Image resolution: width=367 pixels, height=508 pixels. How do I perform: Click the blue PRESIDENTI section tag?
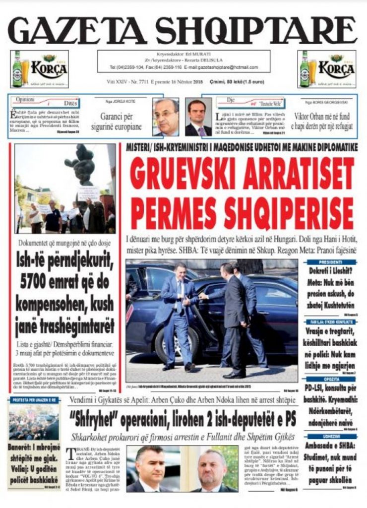pos(331,262)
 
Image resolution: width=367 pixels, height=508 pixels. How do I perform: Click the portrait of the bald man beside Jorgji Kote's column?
pos(166,117)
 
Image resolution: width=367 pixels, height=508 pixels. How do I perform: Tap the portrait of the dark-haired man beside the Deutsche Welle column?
pos(198,117)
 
